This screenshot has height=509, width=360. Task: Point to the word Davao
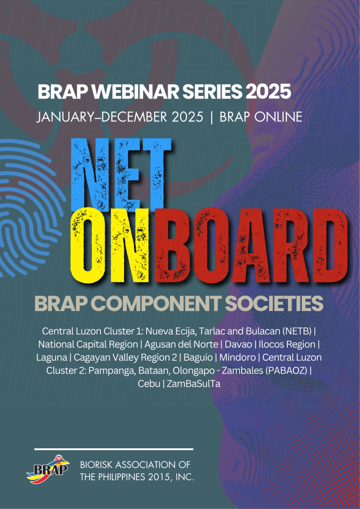[232, 344]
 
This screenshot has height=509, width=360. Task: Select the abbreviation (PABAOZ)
[284, 371]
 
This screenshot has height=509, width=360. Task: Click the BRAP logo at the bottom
[48, 469]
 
